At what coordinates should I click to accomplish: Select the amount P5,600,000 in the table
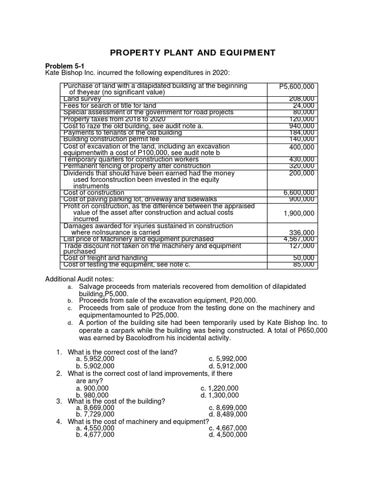pyautogui.click(x=297, y=87)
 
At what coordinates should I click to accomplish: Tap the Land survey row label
pyautogui.click(x=82, y=99)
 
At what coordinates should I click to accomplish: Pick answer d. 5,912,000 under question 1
pyautogui.click(x=228, y=366)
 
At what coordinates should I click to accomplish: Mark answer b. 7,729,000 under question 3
pyautogui.click(x=95, y=414)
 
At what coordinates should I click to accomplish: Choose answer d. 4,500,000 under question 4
pyautogui.click(x=228, y=434)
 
